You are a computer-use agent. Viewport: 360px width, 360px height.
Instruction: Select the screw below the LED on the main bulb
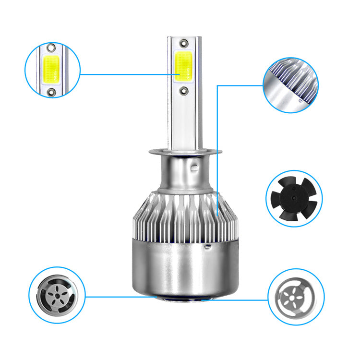point(184,89)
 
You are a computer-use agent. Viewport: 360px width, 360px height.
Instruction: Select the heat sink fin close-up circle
point(290,85)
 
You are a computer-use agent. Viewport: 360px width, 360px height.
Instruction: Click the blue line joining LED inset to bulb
point(125,74)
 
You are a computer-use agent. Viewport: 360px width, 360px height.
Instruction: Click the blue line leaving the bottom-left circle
point(120,296)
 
